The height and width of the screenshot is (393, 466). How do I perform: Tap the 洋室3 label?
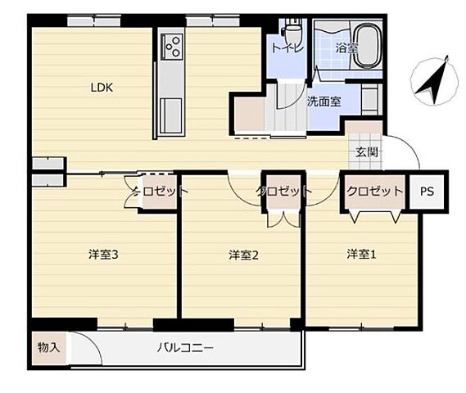point(104,255)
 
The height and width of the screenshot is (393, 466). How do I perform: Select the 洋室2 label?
point(243,255)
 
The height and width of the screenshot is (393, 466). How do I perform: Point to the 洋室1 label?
point(360,253)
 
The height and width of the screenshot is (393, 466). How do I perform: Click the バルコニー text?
point(186,348)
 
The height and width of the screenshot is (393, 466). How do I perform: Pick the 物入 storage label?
point(48,347)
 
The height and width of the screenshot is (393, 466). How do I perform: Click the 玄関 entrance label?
point(366,151)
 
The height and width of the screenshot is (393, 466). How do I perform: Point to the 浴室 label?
point(347,48)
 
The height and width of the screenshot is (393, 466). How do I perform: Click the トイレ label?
point(287,48)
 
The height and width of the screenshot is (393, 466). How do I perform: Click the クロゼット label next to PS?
point(374,191)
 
